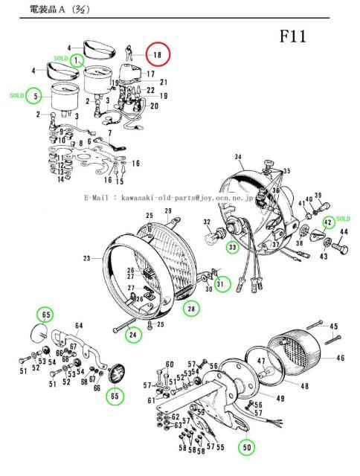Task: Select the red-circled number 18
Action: coord(157,55)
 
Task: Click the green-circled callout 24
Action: coord(133,335)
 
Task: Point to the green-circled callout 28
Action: coord(192,309)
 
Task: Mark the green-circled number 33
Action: coord(233,246)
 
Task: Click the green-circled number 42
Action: coord(328,221)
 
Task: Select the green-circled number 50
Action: coord(245,448)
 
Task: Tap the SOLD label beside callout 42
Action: coord(343,219)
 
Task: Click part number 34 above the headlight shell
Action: coord(239,157)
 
